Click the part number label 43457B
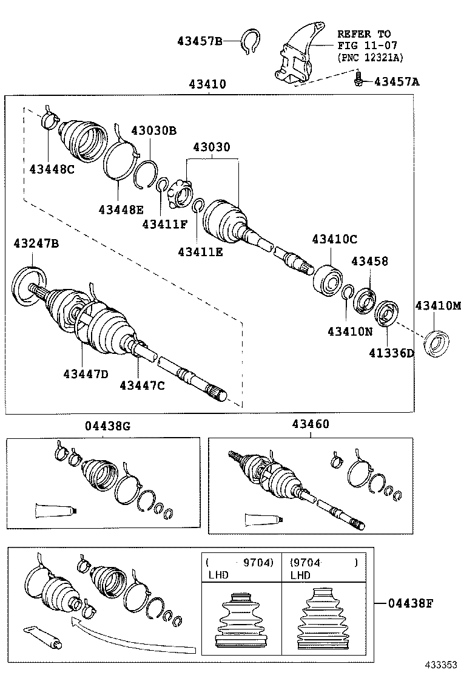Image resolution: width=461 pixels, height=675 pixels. click(200, 41)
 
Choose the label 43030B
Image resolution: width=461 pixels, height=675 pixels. click(154, 131)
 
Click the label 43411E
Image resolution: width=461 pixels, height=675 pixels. click(200, 251)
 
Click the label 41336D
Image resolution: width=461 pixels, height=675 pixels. click(391, 353)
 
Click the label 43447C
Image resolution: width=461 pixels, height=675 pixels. click(142, 385)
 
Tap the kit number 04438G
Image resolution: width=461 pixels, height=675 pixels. click(107, 426)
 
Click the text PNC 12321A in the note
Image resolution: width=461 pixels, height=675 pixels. click(370, 57)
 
